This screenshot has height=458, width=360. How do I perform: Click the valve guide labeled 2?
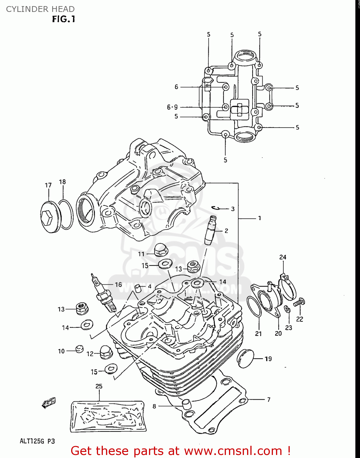[x=210, y=230]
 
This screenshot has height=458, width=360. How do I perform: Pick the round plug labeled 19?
[x=246, y=358]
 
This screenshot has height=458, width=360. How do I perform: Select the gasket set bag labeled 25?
[x=107, y=416]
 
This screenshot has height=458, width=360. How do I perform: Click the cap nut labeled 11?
[x=160, y=250]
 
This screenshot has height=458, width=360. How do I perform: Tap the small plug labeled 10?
[x=79, y=348]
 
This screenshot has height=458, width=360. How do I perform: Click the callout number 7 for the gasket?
[x=269, y=399]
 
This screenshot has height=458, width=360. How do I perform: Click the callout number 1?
[x=260, y=218]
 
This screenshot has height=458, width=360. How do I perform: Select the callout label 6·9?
[x=172, y=107]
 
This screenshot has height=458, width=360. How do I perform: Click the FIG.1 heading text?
[x=64, y=19]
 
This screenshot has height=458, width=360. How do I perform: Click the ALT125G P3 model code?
[x=37, y=441]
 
